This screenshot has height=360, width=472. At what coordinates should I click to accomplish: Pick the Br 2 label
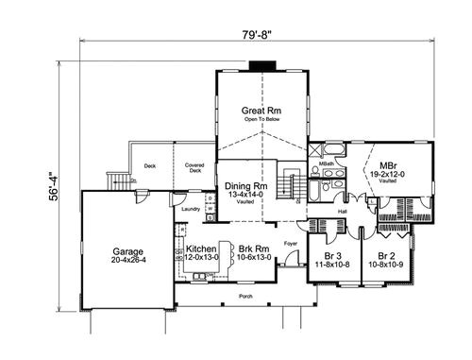(384, 255)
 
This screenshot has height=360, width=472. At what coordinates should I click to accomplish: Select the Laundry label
(191, 209)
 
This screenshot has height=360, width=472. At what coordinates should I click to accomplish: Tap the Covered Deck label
(194, 167)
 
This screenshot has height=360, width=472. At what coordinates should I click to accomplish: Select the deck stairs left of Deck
(118, 180)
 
